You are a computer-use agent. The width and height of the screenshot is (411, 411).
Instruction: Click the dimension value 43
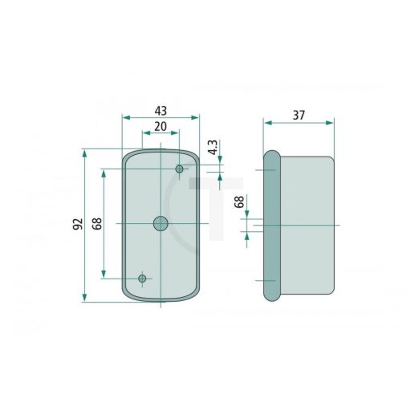click(161, 111)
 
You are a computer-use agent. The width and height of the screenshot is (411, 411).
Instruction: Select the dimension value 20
click(161, 127)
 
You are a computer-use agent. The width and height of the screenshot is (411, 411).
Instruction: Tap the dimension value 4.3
click(214, 148)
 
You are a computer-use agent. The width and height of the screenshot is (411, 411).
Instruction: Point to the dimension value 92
click(78, 224)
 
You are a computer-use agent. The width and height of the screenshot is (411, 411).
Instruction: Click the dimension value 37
click(299, 116)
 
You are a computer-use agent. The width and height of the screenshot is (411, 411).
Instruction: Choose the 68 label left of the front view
click(97, 224)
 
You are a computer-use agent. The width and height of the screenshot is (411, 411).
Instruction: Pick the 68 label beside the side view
click(239, 201)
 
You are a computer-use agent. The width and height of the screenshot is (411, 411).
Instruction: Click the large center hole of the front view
click(161, 223)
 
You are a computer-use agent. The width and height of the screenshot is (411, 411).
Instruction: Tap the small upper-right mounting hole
click(179, 169)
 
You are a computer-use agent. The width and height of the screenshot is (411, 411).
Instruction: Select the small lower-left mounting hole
click(142, 279)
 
